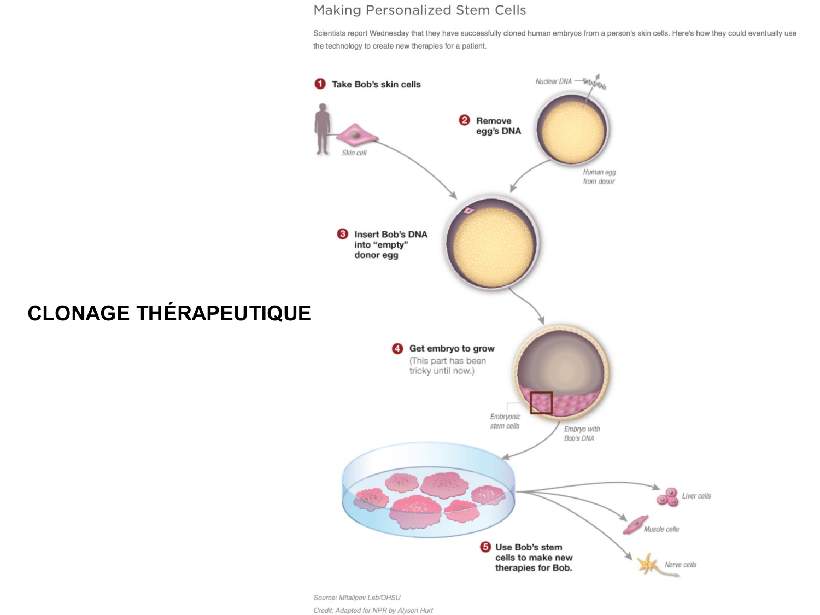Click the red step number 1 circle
320,84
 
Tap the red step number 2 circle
464,120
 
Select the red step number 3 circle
342,234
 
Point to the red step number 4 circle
397,348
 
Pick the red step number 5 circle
485,547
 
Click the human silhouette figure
323,129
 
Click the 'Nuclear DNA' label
553,81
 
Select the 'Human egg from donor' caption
599,177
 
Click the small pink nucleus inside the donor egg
468,210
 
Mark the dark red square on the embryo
541,403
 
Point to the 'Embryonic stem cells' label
505,421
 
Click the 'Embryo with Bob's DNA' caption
582,434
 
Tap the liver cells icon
667,497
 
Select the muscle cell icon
635,525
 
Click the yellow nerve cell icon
648,565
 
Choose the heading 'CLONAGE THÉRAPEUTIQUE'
169,313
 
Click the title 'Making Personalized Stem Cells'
419,10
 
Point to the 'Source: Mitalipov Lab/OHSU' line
357,598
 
